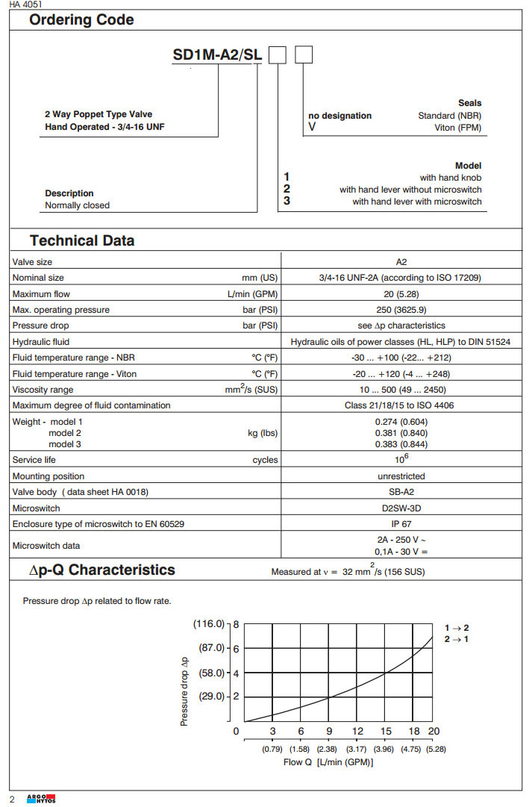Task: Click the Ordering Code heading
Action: [x=81, y=20]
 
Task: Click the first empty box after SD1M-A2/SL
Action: [x=278, y=54]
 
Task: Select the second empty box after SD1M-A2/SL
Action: [x=304, y=54]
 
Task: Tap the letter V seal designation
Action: [x=312, y=128]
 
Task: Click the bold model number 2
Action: [x=287, y=190]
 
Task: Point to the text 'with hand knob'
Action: [x=451, y=178]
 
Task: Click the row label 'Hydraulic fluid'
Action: [x=42, y=341]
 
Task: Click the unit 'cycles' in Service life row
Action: [x=265, y=460]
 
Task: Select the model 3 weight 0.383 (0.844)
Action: [x=401, y=444]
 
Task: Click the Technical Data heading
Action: [x=82, y=240]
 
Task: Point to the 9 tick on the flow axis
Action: [x=329, y=732]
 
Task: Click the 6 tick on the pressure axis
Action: [x=236, y=648]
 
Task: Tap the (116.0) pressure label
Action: [x=209, y=623]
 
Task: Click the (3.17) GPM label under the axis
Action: [x=357, y=749]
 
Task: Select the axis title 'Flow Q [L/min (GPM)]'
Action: [x=328, y=762]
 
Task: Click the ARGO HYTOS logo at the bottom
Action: [x=42, y=800]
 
